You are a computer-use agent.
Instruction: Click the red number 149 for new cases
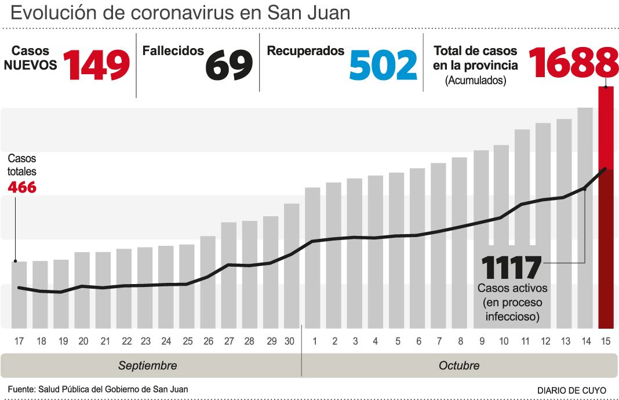pyautogui.click(x=96, y=65)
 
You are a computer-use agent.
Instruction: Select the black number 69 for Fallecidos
pyautogui.click(x=230, y=65)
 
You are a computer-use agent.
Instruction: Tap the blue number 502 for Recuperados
pyautogui.click(x=383, y=65)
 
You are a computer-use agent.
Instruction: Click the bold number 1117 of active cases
pyautogui.click(x=511, y=268)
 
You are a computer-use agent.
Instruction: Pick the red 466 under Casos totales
pyautogui.click(x=22, y=187)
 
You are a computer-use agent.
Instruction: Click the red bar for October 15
pyautogui.click(x=606, y=209)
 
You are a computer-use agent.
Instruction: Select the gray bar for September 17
pyautogui.click(x=19, y=294)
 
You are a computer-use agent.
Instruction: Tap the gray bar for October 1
pyautogui.click(x=313, y=258)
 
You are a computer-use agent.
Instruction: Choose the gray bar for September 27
pyautogui.click(x=229, y=275)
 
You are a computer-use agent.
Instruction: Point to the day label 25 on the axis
pyautogui.click(x=187, y=341)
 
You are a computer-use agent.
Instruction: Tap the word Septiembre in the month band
pyautogui.click(x=148, y=366)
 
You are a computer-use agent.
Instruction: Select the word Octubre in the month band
pyautogui.click(x=459, y=366)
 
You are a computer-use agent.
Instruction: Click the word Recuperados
pyautogui.click(x=305, y=51)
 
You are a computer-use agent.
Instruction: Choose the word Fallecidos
pyautogui.click(x=173, y=51)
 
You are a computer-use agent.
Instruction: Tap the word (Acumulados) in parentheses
pyautogui.click(x=475, y=81)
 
